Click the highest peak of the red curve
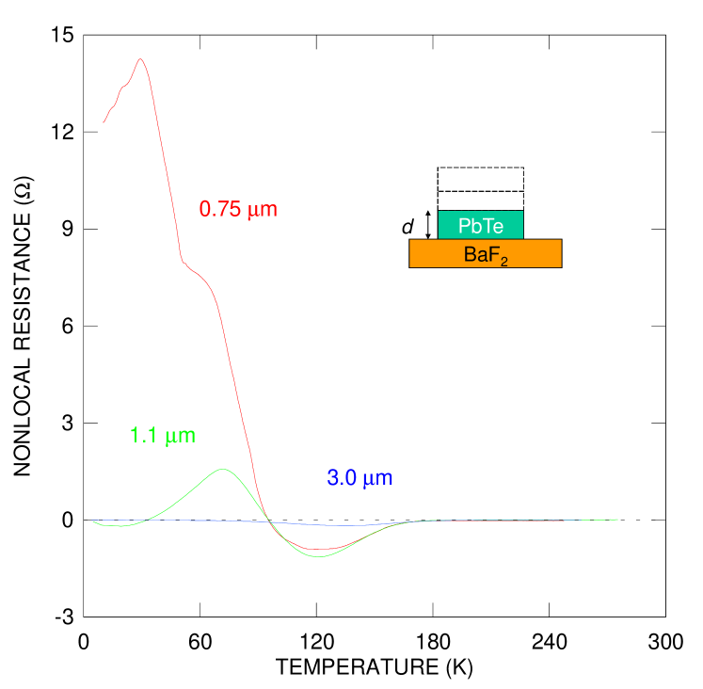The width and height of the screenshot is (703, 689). (141, 59)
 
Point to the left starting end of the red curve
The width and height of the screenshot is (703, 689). (104, 122)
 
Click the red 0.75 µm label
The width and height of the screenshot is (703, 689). (238, 209)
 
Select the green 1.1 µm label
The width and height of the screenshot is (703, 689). (163, 436)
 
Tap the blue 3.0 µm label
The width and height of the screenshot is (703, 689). (359, 478)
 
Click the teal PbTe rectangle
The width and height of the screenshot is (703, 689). (480, 225)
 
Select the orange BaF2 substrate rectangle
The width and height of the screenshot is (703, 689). (485, 254)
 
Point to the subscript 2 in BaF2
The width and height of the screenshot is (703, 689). (504, 262)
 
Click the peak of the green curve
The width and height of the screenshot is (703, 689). (223, 469)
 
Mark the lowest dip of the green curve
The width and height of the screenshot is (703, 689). (320, 556)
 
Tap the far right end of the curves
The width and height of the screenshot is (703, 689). (617, 520)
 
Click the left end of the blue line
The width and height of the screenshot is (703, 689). (92, 520)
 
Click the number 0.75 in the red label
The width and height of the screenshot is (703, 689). (220, 209)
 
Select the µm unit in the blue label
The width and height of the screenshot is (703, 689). (377, 478)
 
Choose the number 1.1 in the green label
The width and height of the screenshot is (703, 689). (144, 436)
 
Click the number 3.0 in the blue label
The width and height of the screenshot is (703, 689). (341, 478)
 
